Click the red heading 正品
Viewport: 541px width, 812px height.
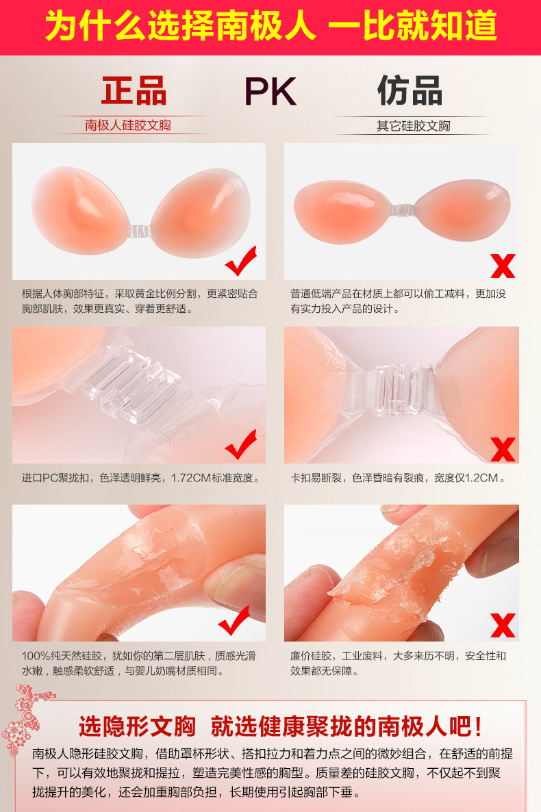click(134, 90)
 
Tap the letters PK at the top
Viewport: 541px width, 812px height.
click(270, 92)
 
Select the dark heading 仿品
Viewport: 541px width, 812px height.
click(410, 90)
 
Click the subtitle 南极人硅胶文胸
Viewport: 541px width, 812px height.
click(128, 125)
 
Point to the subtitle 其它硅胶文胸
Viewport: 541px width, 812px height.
click(414, 126)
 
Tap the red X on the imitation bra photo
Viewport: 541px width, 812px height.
click(503, 266)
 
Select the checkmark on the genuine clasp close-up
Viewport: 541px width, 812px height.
click(241, 444)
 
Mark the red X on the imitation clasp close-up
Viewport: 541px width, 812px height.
click(503, 449)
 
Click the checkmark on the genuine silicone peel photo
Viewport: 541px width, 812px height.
click(234, 620)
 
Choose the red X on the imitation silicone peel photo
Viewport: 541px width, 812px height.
click(503, 625)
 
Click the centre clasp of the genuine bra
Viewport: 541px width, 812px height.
click(140, 231)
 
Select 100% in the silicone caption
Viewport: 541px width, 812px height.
click(36, 656)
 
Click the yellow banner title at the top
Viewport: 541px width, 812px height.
click(271, 26)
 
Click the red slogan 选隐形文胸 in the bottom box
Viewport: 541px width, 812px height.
click(137, 726)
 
